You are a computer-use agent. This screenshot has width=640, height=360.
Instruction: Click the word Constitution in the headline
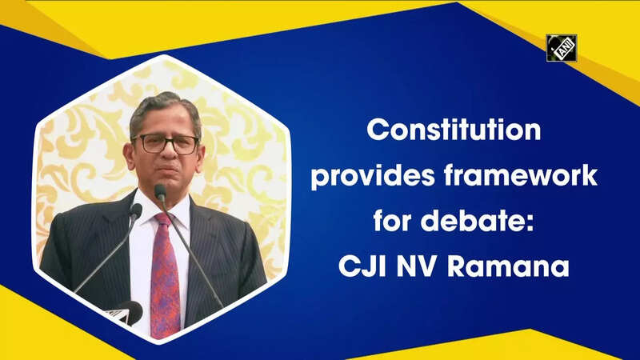point(454,130)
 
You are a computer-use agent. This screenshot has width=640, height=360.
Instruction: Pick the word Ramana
point(508,266)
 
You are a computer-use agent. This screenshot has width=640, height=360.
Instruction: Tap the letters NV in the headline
point(417,266)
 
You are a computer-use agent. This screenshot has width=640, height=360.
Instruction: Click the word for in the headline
point(392,221)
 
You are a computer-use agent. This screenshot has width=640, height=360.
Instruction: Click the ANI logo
point(562,48)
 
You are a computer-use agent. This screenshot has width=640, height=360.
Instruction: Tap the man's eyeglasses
point(166,144)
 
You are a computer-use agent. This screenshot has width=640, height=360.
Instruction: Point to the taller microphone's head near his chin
point(160,192)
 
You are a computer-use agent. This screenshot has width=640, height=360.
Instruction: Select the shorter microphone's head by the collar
point(135,210)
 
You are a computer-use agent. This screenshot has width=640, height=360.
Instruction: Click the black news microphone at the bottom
point(126,312)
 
